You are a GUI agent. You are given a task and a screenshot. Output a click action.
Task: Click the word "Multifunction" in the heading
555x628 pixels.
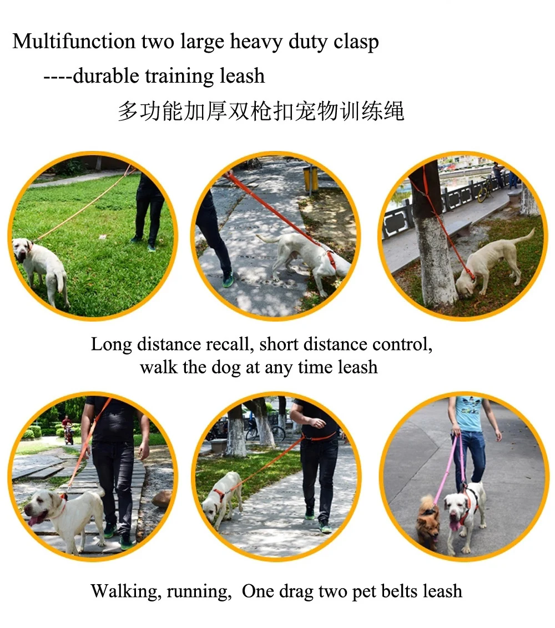[x=74, y=41]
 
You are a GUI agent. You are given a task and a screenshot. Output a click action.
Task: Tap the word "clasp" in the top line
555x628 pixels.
[x=356, y=43]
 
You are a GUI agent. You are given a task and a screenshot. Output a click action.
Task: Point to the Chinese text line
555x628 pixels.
[x=261, y=111]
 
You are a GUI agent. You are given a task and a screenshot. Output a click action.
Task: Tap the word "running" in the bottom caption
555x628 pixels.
[x=199, y=592]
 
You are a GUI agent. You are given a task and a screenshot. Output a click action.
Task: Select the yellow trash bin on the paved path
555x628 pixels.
[x=311, y=178]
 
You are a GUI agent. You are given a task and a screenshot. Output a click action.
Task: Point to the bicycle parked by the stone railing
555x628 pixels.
[x=486, y=189]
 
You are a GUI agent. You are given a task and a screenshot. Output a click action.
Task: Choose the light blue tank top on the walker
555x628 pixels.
[x=469, y=414]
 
